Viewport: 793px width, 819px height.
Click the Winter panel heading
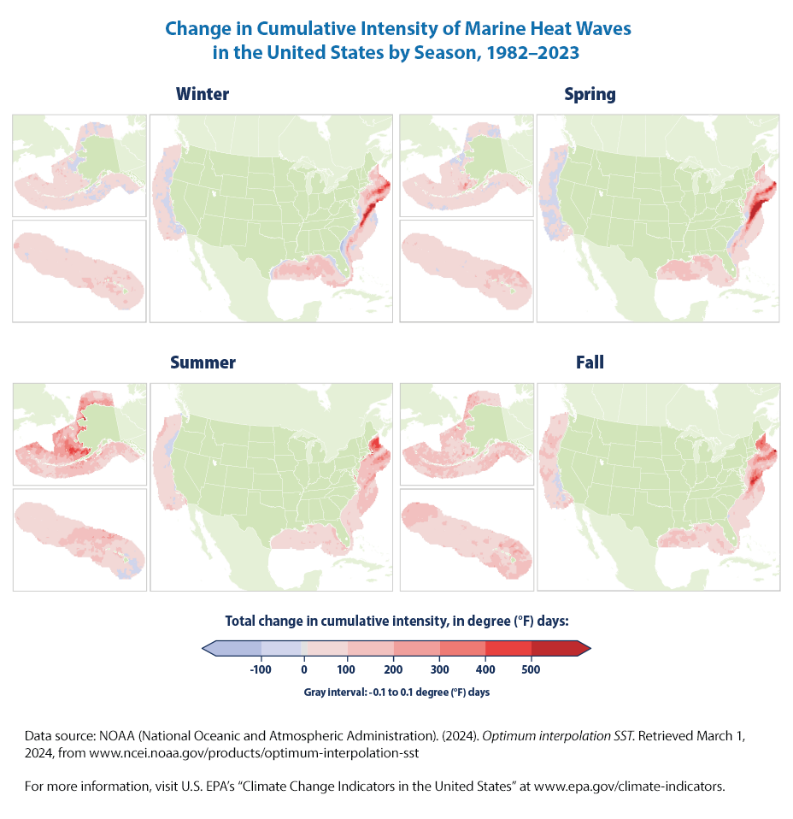coord(203,94)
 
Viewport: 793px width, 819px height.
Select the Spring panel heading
coord(590,94)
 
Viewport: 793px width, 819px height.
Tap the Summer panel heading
coord(203,362)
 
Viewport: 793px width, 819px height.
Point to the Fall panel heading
coord(590,362)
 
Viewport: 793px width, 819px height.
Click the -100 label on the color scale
coord(260,669)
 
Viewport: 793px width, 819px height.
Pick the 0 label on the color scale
coord(304,669)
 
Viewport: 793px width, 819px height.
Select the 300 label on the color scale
coord(440,669)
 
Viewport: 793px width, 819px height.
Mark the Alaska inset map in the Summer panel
coord(79,433)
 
